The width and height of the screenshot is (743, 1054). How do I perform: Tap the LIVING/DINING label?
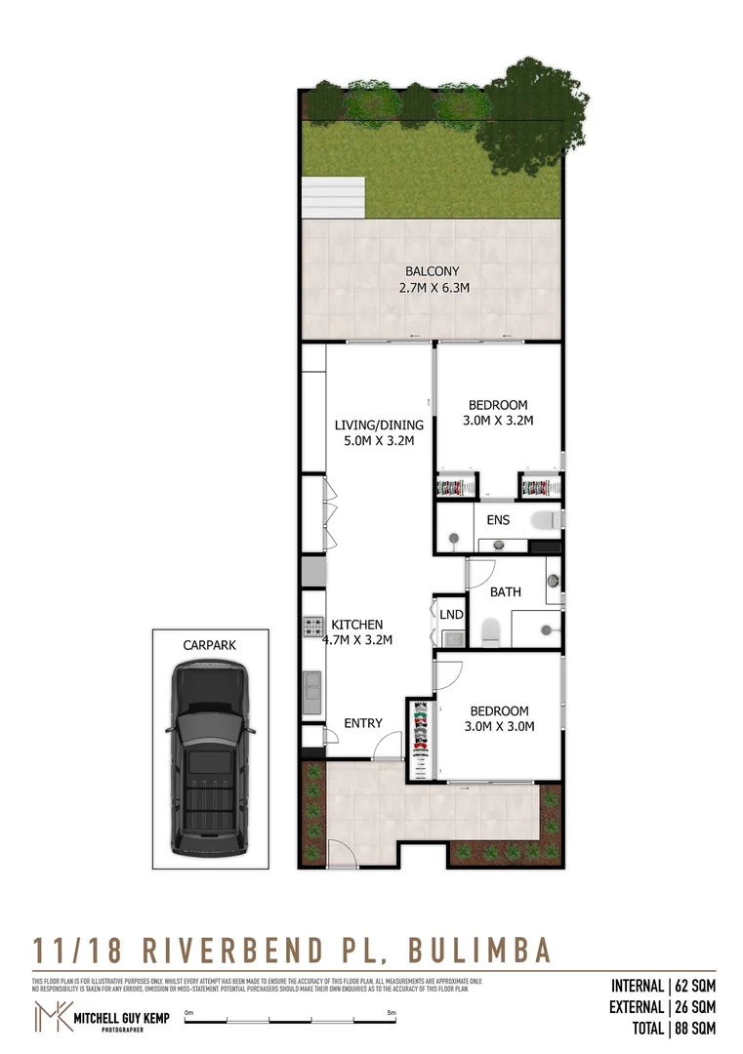point(379,425)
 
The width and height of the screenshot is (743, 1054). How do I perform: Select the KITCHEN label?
point(357,625)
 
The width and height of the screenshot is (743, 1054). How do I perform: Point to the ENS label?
point(498,521)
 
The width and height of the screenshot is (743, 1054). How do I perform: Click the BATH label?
point(505,591)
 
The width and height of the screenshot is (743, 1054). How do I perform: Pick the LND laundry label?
point(450,614)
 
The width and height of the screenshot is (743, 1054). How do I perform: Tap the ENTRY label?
point(363,723)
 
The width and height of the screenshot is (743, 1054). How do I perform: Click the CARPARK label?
point(210,645)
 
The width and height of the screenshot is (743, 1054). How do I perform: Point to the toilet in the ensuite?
point(545,519)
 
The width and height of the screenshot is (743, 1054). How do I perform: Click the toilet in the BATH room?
point(491,630)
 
